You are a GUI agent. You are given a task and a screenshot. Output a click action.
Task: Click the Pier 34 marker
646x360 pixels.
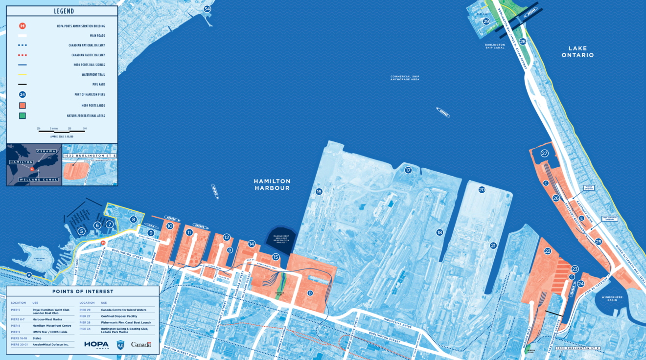click(207, 9)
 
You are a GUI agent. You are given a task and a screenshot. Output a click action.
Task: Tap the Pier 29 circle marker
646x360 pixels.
click(486, 22)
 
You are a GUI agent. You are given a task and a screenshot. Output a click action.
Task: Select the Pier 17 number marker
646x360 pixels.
click(408, 170)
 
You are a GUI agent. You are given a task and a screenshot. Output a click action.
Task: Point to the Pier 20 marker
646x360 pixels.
click(482, 190)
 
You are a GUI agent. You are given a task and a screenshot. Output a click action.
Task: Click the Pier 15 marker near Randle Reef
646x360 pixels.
click(276, 257)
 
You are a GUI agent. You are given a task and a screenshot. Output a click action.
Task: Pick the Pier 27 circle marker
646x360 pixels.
click(545, 153)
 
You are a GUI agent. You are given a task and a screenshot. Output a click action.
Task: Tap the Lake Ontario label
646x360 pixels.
click(581, 52)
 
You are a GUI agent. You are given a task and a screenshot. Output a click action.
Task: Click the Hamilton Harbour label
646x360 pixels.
click(272, 184)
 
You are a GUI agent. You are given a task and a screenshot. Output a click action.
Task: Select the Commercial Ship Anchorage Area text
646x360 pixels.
click(405, 78)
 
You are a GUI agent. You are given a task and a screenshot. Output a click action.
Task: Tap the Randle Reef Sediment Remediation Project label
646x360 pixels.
click(281, 239)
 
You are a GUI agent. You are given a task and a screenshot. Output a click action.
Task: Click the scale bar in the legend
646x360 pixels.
click(62, 132)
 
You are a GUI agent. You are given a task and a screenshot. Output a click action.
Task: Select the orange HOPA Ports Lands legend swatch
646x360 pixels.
click(23, 105)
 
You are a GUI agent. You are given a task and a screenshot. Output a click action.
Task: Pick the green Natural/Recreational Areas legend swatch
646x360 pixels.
click(23, 116)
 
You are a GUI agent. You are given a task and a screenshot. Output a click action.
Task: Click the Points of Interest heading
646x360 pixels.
click(83, 292)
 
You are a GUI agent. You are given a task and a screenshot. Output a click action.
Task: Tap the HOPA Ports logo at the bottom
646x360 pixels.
click(96, 345)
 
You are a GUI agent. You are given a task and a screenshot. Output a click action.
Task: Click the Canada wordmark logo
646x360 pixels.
click(141, 344)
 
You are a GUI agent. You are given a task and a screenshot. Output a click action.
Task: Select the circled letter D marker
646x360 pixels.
click(310, 293)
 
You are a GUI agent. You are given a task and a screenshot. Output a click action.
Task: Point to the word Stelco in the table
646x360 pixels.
click(37, 338)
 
